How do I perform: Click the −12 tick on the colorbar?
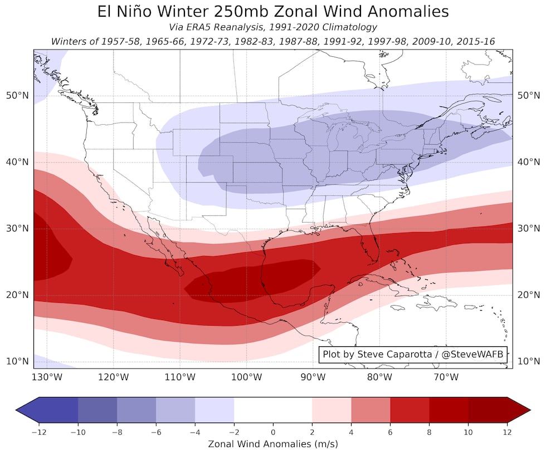coord(38,431)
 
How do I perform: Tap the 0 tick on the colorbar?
coord(273,431)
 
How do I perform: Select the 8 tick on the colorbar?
coord(429,431)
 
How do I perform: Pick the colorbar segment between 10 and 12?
coord(487,411)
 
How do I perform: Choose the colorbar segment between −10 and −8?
coord(97,411)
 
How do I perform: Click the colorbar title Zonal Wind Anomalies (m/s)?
coord(273,444)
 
